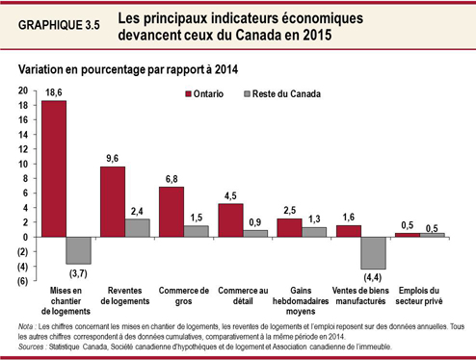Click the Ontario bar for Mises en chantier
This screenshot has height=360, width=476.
tap(53, 168)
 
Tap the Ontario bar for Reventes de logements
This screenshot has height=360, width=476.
tap(113, 201)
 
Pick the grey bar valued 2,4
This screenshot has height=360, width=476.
tap(138, 227)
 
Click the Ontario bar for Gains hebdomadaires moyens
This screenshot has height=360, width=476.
tap(289, 227)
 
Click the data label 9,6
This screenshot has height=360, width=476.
tap(113, 157)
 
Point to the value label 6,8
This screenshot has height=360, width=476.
tap(172, 177)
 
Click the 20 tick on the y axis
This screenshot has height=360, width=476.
tap(22, 90)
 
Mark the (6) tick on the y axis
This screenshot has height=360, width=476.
tap(22, 281)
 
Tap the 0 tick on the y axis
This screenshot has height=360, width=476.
tap(25, 237)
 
